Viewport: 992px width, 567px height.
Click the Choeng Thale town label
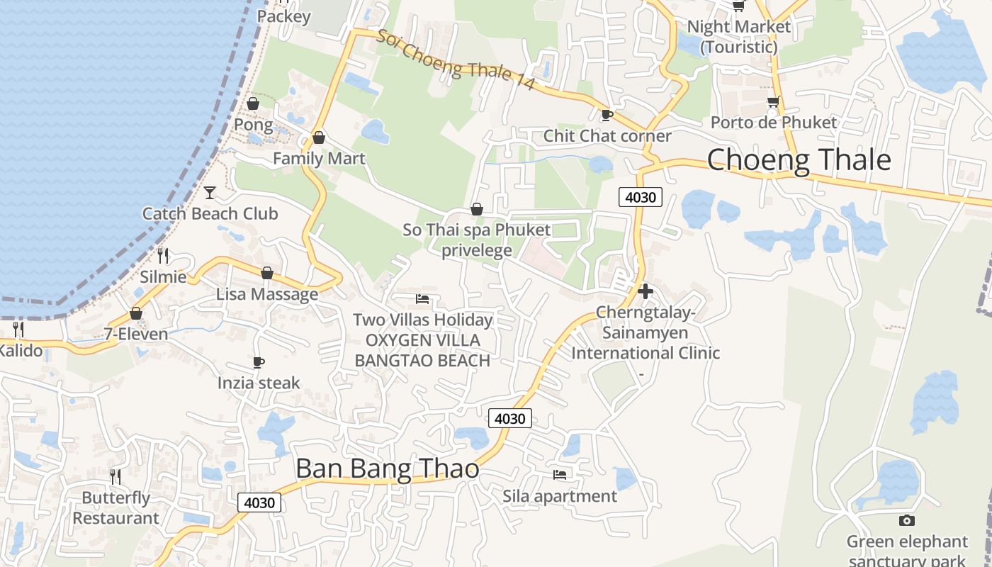tap(799, 159)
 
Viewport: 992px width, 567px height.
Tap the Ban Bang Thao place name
tap(387, 468)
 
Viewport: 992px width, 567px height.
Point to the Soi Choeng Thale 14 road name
tap(455, 60)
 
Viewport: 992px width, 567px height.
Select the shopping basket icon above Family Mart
tap(319, 137)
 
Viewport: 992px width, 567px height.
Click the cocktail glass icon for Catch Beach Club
tap(210, 192)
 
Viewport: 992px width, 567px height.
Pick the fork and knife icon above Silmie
tap(164, 255)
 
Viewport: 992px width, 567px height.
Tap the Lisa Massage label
tap(267, 294)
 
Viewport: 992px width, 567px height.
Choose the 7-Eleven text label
tap(136, 334)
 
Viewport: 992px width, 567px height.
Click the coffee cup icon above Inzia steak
tap(259, 362)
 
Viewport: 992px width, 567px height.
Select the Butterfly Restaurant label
tap(116, 507)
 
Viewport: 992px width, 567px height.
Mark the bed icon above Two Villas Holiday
tap(422, 298)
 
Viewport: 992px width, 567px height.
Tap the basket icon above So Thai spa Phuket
tap(477, 209)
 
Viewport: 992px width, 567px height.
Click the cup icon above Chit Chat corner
tap(607, 115)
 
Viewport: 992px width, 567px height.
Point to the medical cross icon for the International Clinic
tap(646, 291)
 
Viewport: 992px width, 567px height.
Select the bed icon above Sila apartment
tap(560, 474)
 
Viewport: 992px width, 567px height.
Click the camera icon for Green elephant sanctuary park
tap(907, 521)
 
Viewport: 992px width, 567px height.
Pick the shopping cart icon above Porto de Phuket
tap(773, 101)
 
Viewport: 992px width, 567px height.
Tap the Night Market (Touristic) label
tap(739, 37)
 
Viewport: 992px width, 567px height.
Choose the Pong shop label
tap(253, 125)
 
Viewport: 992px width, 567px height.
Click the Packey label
tap(283, 16)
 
